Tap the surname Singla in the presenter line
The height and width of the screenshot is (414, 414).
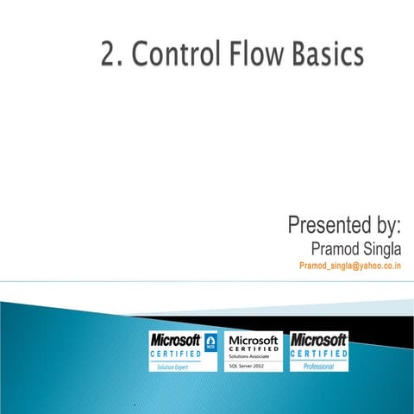(383, 249)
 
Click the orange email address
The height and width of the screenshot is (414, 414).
(350, 267)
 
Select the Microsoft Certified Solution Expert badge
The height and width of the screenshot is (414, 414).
(183, 352)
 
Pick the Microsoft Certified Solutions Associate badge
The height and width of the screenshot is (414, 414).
(253, 352)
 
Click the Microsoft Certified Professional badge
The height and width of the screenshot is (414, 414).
(319, 352)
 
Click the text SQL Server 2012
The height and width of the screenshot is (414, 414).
(246, 367)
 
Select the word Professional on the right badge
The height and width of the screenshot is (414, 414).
(318, 367)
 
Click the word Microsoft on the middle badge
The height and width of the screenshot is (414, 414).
(253, 340)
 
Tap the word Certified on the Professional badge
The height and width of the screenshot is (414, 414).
(319, 354)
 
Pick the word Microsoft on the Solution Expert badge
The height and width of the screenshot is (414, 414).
(175, 340)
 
